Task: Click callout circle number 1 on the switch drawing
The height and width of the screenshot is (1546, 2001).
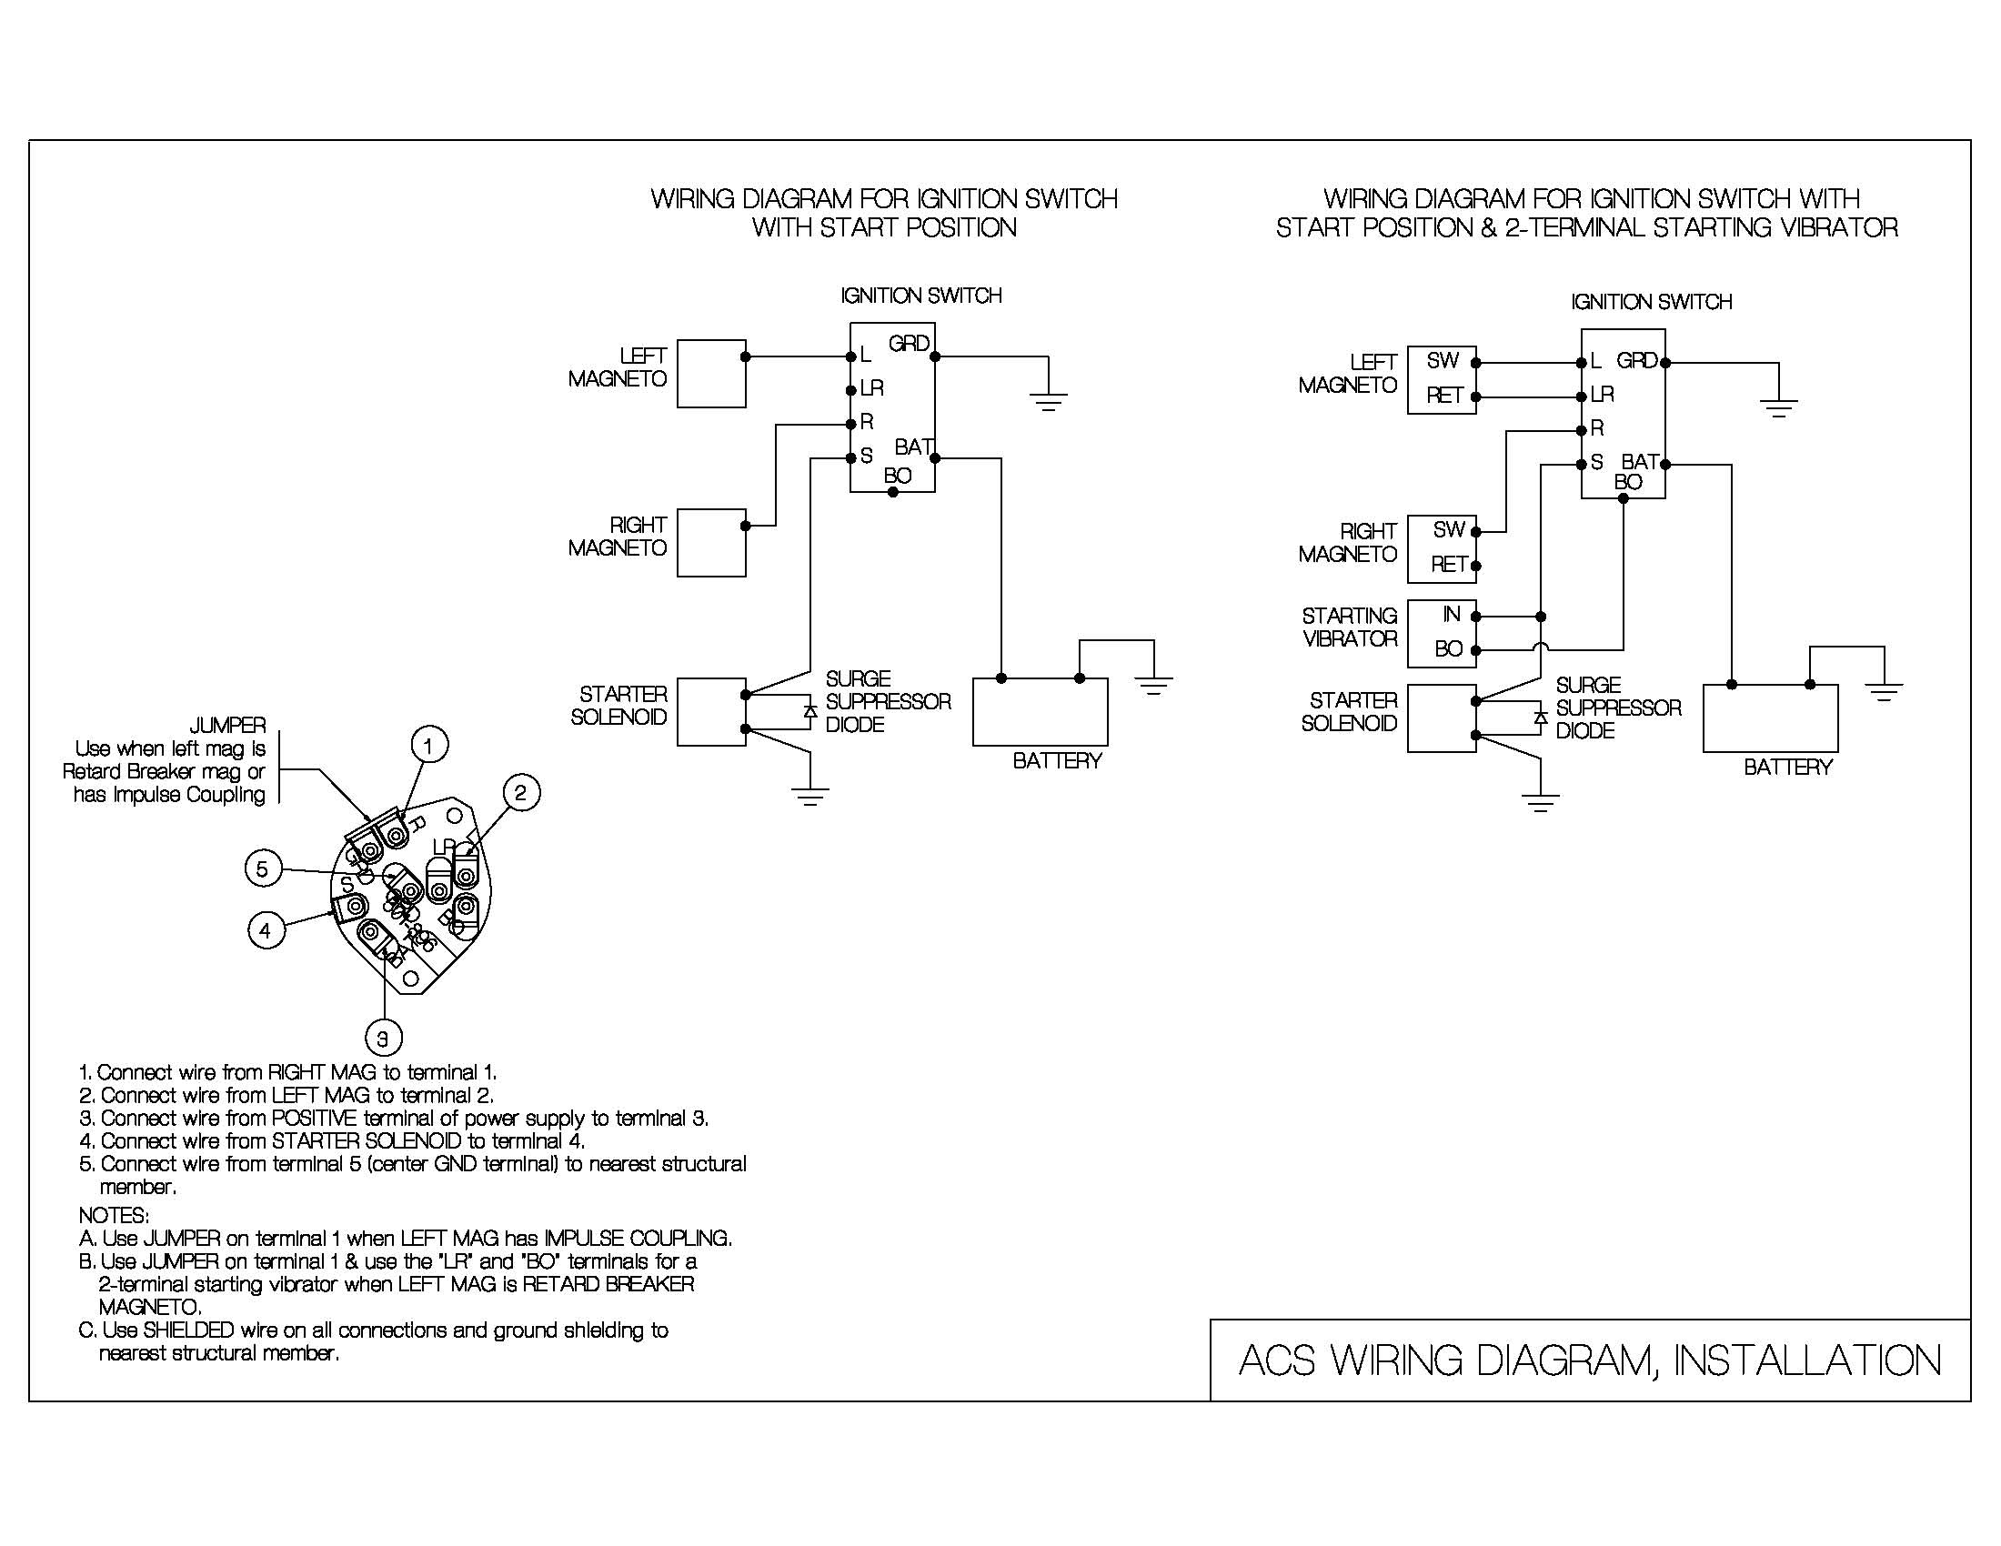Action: point(428,745)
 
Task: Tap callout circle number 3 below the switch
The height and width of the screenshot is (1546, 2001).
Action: point(383,1038)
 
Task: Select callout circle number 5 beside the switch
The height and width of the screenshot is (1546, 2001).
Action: point(263,868)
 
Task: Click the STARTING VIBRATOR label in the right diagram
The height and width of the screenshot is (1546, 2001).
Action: point(1350,627)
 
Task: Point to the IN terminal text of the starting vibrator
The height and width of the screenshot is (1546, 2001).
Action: point(1452,615)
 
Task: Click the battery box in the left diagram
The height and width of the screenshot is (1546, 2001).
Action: point(1040,712)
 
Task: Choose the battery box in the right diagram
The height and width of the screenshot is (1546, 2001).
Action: point(1770,719)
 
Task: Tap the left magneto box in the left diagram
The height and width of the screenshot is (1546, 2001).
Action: point(711,374)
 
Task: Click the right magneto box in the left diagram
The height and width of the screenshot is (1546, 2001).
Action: point(711,543)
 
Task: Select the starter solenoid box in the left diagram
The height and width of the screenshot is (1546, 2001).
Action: point(711,713)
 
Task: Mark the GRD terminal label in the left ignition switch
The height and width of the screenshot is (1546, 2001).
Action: point(909,344)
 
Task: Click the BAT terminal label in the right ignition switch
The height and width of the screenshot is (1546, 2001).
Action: point(1640,461)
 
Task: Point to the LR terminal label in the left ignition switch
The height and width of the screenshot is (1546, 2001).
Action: point(871,388)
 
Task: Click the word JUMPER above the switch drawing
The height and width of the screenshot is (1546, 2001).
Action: point(227,726)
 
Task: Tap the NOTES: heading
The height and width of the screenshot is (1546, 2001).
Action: point(114,1215)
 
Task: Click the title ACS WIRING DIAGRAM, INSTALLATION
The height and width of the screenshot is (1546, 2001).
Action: point(1590,1361)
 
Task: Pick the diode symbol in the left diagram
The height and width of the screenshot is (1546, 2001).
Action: point(809,711)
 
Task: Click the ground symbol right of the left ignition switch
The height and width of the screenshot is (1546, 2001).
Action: point(1048,400)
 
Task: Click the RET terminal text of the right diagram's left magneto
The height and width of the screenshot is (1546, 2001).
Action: point(1444,396)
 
